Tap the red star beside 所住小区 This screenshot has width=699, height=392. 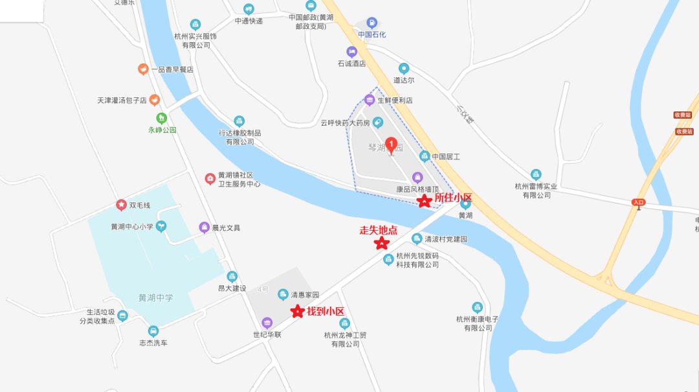[x=424, y=201]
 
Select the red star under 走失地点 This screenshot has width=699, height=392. [x=382, y=244]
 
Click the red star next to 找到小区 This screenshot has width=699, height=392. [x=297, y=312]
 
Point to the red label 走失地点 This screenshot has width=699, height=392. [x=378, y=230]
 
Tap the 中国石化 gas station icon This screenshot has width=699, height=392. [x=371, y=23]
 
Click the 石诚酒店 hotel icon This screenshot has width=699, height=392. [x=351, y=52]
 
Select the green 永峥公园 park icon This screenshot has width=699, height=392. [x=162, y=118]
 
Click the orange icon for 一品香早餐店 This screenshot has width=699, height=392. [x=142, y=69]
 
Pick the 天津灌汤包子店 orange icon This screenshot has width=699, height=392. [x=154, y=100]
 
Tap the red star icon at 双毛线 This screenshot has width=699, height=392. [x=121, y=205]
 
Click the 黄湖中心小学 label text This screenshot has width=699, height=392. [x=131, y=227]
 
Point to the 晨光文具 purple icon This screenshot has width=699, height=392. [x=204, y=227]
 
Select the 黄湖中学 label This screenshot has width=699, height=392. [x=155, y=298]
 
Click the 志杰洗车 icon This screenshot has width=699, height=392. [x=153, y=331]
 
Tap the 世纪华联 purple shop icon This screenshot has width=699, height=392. [x=267, y=323]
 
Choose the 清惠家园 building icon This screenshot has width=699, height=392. [x=283, y=295]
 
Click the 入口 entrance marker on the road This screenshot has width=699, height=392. [x=639, y=203]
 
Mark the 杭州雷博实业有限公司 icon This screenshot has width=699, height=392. [x=536, y=174]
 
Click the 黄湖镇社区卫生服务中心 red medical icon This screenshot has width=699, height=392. [x=210, y=178]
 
